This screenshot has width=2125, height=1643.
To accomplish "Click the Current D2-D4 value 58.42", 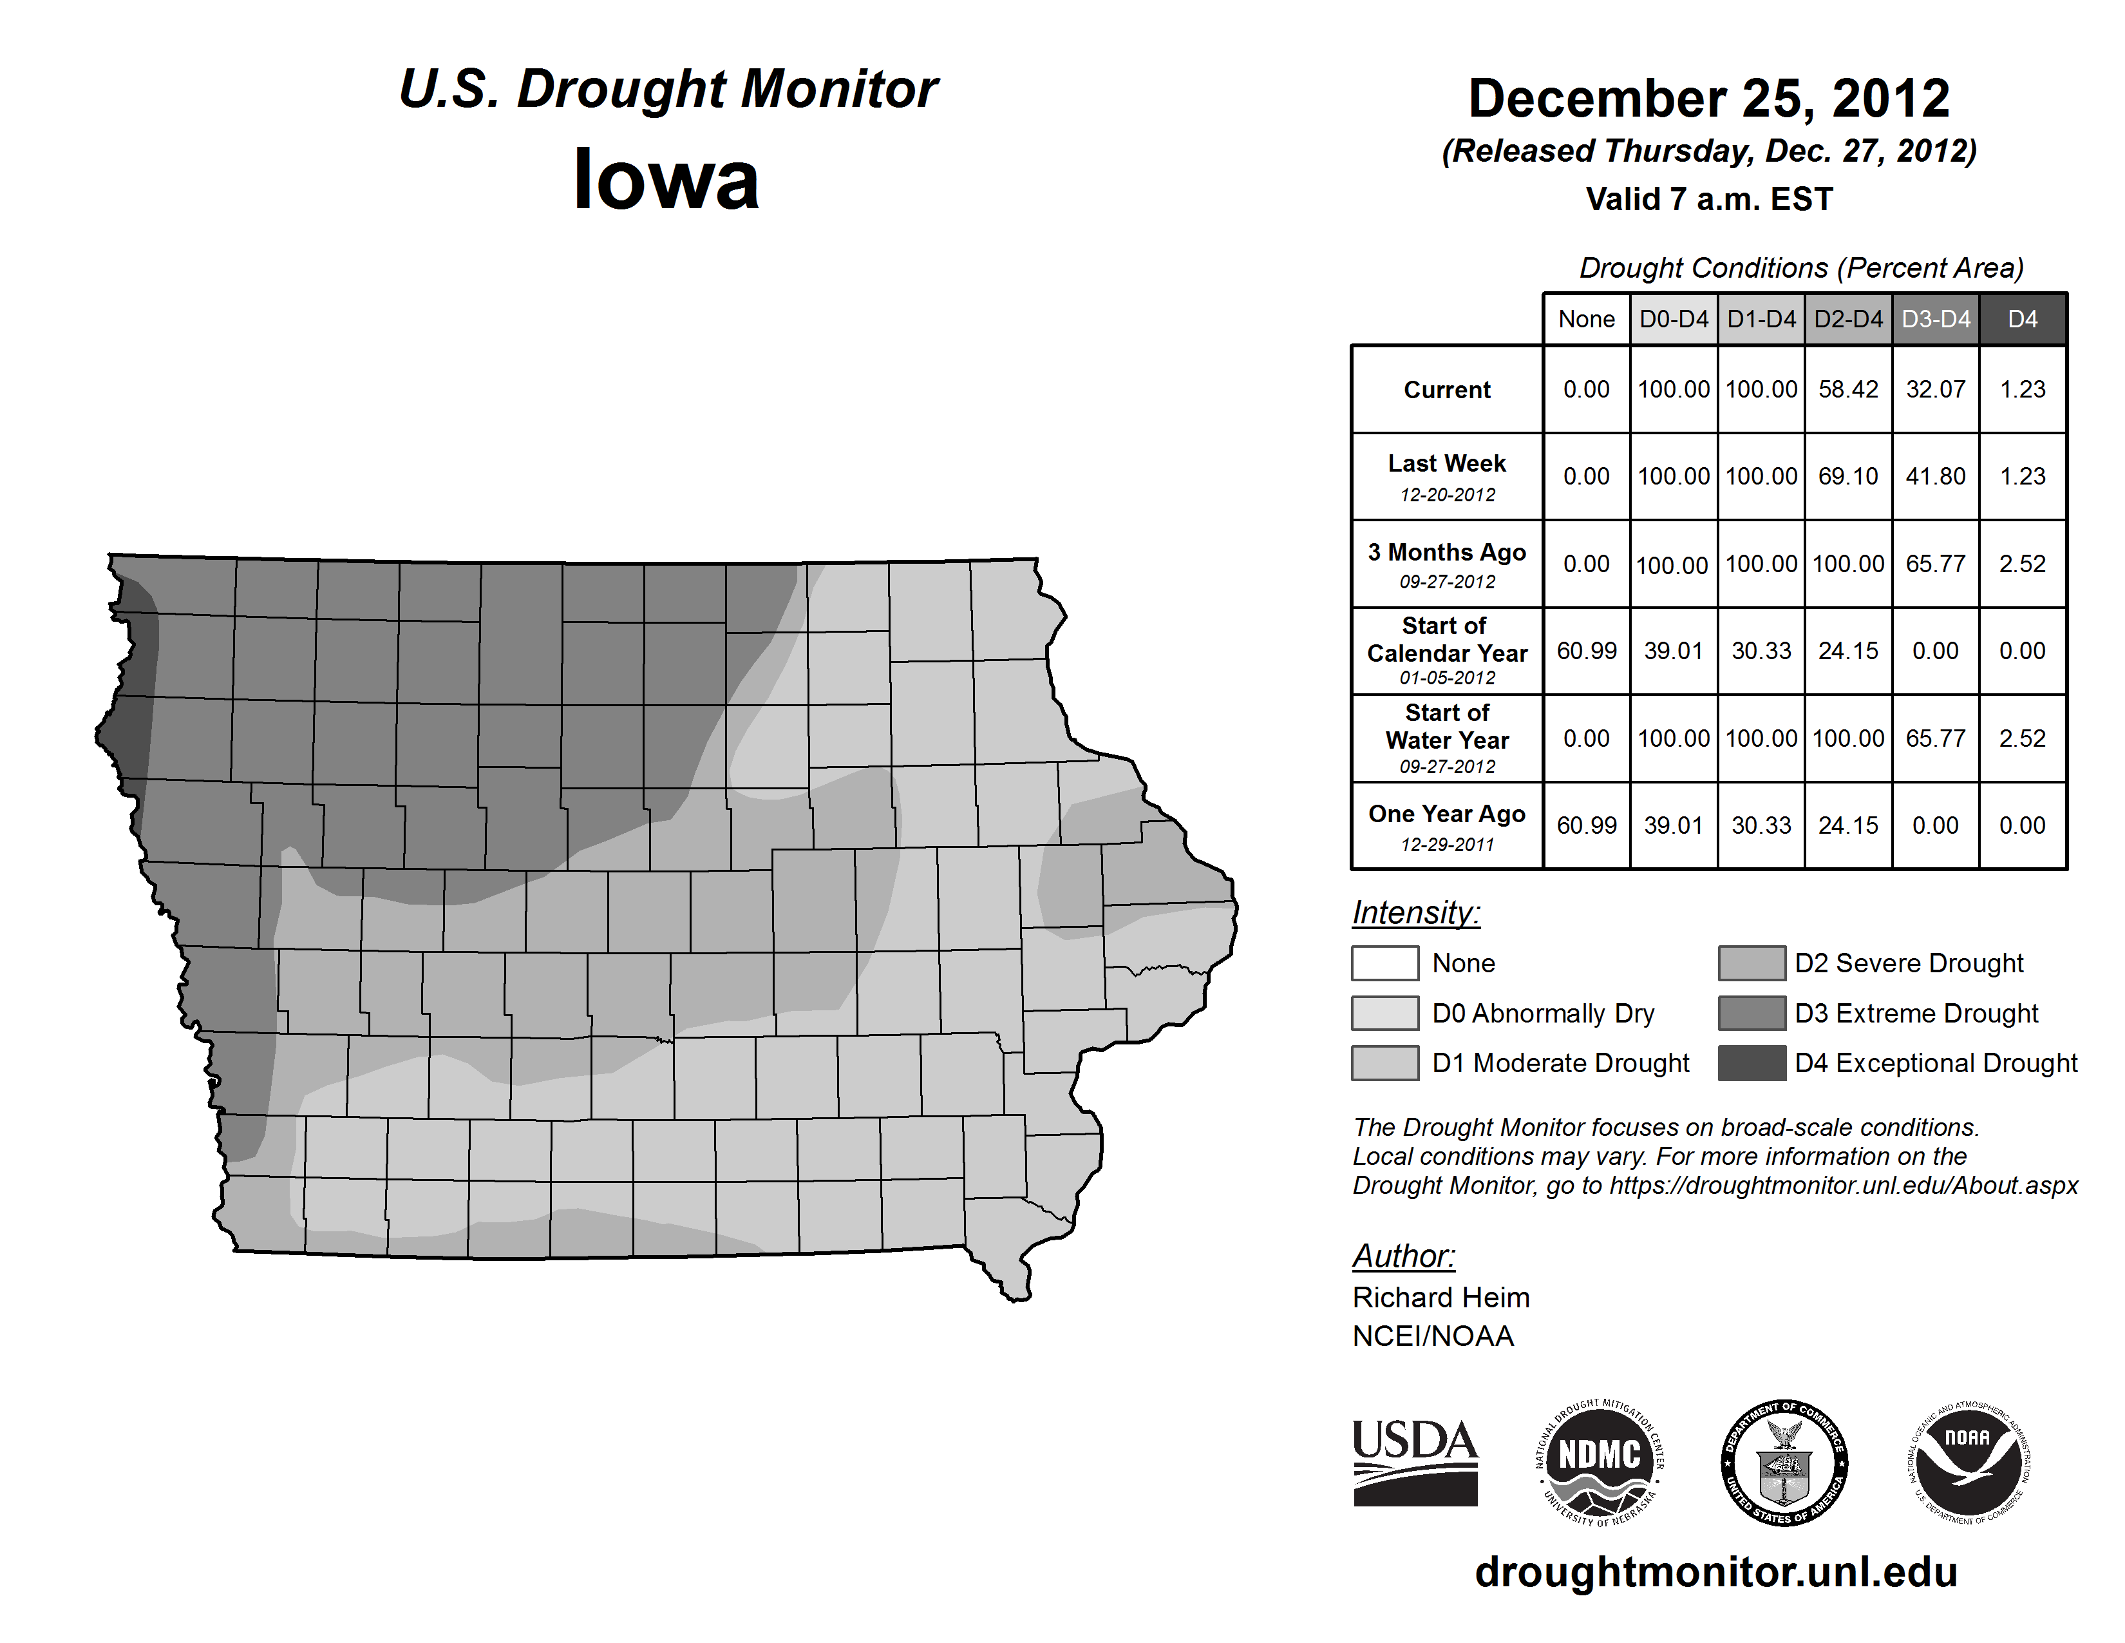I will (x=1847, y=389).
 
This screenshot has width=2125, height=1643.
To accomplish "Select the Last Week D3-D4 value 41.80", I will (x=1935, y=476).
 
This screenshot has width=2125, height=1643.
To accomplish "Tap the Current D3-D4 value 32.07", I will (x=1935, y=389).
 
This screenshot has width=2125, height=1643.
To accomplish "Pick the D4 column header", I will (x=2022, y=319).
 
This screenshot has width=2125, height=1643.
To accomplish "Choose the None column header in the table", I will (x=1586, y=319).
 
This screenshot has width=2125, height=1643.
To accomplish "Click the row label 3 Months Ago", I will (x=1447, y=553).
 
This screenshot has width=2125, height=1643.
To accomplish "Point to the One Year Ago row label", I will (x=1447, y=814).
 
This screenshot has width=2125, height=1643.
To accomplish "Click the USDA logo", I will (x=1415, y=1462).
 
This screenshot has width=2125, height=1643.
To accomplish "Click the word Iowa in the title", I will (x=666, y=179).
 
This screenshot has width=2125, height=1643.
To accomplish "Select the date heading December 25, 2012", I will (x=1708, y=99).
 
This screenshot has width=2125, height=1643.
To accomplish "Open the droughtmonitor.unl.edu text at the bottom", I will (x=1715, y=1572).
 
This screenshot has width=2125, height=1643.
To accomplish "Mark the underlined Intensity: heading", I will (x=1415, y=913).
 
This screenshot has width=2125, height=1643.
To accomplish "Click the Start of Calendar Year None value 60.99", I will (x=1586, y=650).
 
